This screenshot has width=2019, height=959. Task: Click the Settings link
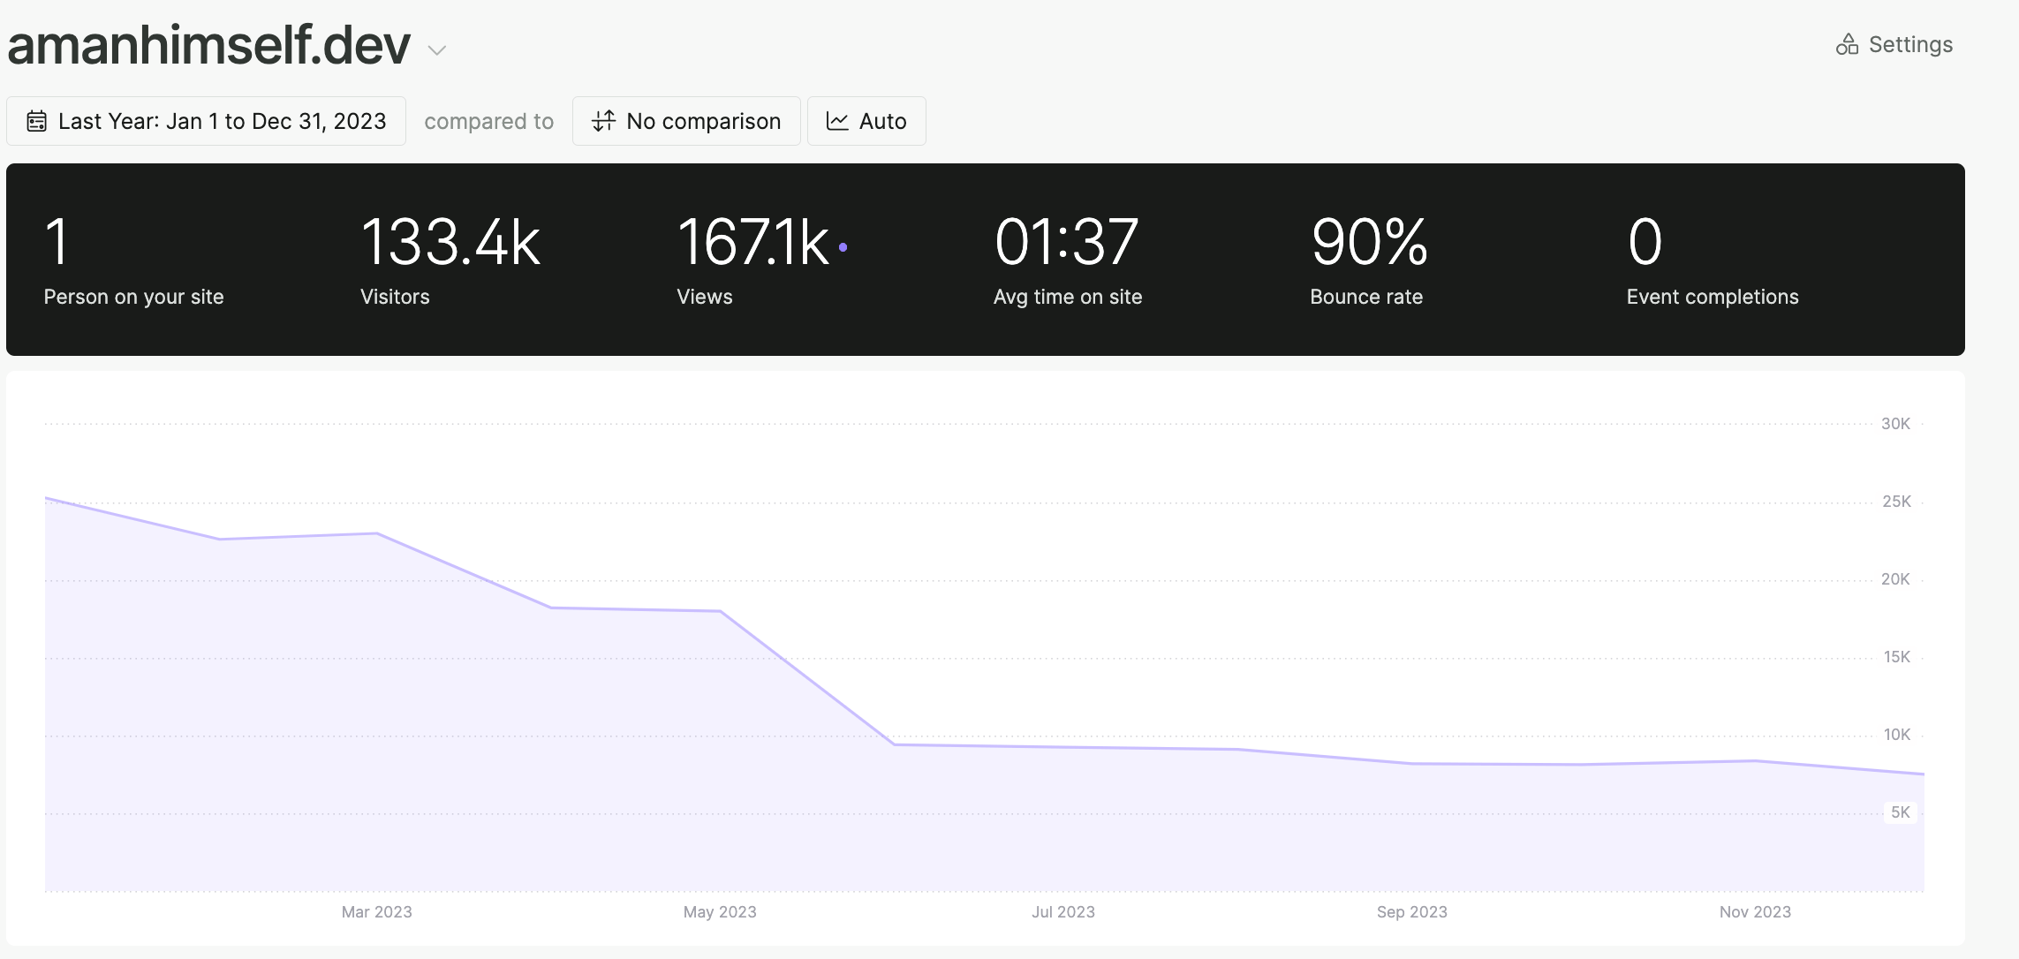1894,45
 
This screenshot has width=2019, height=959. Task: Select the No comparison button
686,121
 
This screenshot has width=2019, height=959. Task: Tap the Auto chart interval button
866,121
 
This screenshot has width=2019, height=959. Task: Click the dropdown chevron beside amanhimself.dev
436,50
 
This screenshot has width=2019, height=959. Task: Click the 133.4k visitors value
450,243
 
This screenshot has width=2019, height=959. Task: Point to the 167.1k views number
752,243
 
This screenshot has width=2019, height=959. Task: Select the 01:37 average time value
1066,243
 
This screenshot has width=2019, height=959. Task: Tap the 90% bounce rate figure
1369,243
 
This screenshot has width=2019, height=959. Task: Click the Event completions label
1712,297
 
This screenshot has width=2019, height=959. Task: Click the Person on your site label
133,297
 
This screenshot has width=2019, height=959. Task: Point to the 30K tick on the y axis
1895,424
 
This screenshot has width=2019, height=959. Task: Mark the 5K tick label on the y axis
1900,812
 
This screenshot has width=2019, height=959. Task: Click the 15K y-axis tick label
1896,657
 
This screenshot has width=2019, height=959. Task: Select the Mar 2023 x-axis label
376,912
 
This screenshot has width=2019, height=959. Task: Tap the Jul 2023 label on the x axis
1062,912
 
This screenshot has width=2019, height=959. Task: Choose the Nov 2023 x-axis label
1754,912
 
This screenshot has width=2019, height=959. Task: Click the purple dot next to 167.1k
843,248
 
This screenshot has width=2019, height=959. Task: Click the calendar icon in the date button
36,121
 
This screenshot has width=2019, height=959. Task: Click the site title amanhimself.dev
209,45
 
